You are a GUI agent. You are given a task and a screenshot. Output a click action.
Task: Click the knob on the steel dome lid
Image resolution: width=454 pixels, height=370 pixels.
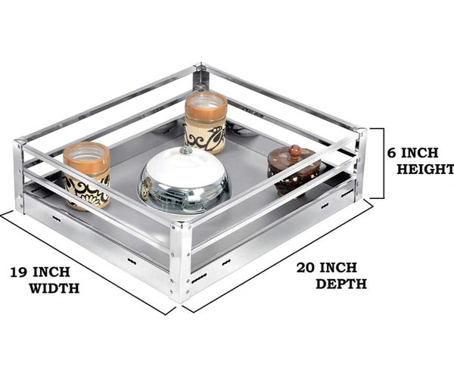click(185, 151)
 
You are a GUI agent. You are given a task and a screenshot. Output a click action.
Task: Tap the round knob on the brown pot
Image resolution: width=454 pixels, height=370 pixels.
click(294, 151)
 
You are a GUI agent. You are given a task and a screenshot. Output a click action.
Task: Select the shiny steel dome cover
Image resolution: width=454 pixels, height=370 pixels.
click(185, 180)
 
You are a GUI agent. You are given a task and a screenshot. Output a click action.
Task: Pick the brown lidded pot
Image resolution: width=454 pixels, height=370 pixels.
click(294, 172)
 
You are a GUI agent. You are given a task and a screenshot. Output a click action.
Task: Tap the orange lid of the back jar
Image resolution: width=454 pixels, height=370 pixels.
click(206, 105)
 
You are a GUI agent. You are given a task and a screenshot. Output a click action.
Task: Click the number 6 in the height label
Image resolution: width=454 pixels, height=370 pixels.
click(392, 153)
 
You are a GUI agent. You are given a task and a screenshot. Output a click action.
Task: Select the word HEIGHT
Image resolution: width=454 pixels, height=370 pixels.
click(425, 169)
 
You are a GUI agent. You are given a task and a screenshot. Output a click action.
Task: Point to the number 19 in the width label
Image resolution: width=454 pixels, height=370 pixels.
click(19, 272)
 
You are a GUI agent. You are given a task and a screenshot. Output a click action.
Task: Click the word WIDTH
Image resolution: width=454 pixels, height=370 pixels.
click(54, 288)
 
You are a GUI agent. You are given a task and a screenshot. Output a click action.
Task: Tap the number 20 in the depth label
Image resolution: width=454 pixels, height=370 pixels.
click(305, 268)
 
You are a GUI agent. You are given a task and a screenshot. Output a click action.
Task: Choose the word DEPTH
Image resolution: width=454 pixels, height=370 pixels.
click(341, 284)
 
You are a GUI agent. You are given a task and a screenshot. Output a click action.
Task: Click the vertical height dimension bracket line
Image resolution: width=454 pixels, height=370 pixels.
click(384, 163)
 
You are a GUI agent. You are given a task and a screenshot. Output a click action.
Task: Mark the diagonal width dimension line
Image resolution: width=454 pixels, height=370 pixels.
click(87, 263)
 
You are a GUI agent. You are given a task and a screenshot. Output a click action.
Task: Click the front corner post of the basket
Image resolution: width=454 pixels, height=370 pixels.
click(179, 263)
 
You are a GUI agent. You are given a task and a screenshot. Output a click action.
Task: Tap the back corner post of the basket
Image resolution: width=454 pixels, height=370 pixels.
click(201, 76)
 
